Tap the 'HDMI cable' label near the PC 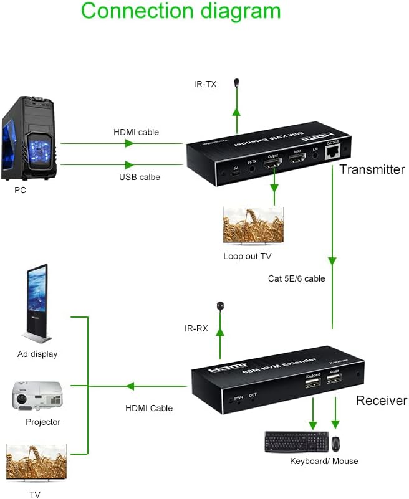point(136,132)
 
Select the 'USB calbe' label point(140,177)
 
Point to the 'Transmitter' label point(372,169)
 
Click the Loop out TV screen point(253,226)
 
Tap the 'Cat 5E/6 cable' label point(296,278)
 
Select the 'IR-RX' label point(196,328)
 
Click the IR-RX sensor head point(219,306)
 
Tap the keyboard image point(296,442)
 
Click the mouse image point(336,444)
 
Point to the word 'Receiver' point(381,401)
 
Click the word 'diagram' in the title point(234,11)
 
